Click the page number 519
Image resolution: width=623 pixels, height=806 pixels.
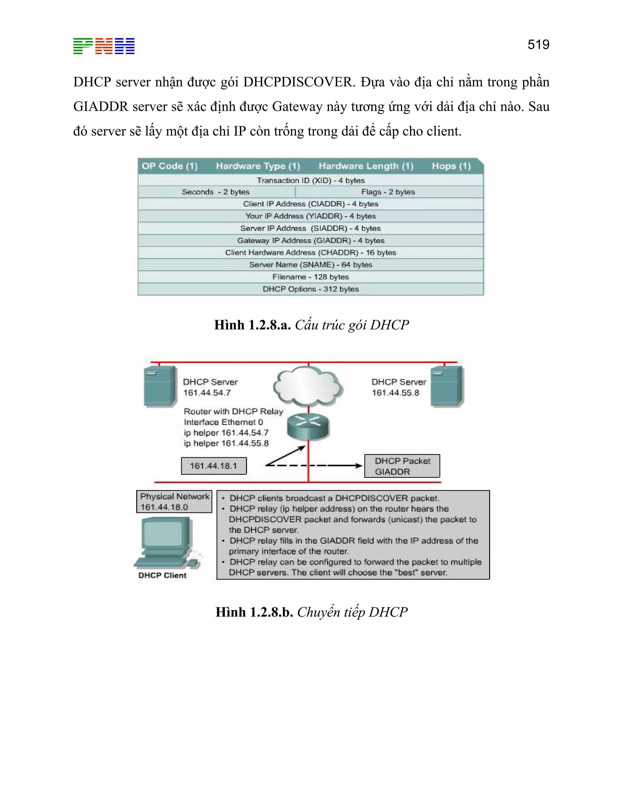click(538, 45)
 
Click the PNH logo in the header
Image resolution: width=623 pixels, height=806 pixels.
click(104, 46)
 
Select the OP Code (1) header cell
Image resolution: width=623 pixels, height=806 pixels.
click(169, 166)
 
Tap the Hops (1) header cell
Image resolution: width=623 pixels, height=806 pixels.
click(451, 166)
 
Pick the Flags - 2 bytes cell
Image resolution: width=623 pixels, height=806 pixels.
click(388, 192)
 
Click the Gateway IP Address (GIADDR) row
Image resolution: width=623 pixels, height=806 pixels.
click(311, 241)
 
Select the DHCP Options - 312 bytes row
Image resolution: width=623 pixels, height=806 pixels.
click(311, 289)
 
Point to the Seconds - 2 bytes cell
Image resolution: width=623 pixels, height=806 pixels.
click(216, 192)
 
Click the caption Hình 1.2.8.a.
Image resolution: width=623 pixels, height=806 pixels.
click(252, 325)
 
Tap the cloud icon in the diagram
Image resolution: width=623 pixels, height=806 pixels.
click(308, 386)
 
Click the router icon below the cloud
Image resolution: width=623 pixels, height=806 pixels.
click(308, 426)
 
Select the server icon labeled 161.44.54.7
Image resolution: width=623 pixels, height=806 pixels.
click(160, 386)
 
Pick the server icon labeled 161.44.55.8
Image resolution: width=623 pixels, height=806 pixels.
click(447, 386)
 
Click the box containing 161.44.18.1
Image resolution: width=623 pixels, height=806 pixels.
click(214, 466)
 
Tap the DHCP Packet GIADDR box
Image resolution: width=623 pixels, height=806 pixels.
click(402, 466)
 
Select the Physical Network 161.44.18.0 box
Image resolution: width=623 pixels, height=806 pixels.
click(174, 502)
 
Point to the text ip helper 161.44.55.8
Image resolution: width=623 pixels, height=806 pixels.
click(226, 443)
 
